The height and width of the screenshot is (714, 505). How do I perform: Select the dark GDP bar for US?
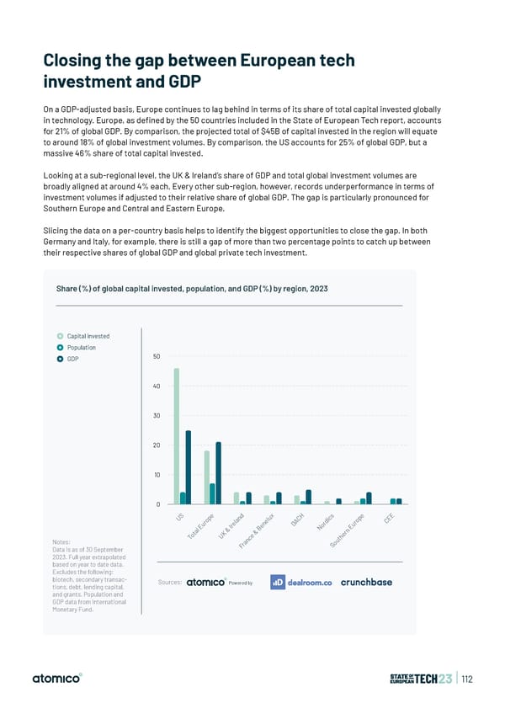pyautogui.click(x=189, y=467)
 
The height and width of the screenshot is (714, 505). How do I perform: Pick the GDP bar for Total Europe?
pyautogui.click(x=219, y=473)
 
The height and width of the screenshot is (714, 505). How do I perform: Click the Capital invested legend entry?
pyautogui.click(x=84, y=336)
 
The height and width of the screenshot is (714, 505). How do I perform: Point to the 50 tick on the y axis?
pyautogui.click(x=157, y=356)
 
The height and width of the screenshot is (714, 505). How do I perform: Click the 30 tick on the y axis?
pyautogui.click(x=157, y=416)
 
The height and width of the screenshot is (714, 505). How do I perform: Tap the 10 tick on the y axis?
pyautogui.click(x=157, y=475)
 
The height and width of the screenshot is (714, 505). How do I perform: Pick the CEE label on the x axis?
pyautogui.click(x=389, y=519)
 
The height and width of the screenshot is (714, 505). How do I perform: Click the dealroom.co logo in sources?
pyautogui.click(x=301, y=582)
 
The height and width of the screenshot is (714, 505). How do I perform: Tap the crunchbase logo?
pyautogui.click(x=366, y=582)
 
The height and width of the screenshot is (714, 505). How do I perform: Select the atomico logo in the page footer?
pyautogui.click(x=57, y=679)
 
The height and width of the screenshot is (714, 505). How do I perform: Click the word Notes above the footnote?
pyautogui.click(x=61, y=541)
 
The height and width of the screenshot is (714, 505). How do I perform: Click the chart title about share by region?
pyautogui.click(x=191, y=289)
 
